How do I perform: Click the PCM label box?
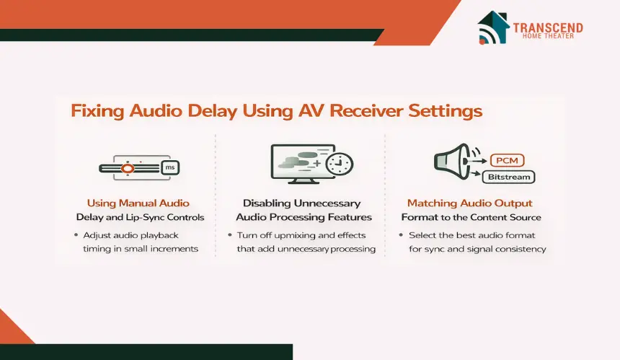coord(508,160)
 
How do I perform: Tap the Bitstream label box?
coord(509,177)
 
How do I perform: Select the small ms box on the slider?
coord(170,167)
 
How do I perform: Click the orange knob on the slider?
coord(128,169)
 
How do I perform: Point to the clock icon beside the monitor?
coord(340,164)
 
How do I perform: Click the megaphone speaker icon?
coord(452,161)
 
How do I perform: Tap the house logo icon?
coord(493,27)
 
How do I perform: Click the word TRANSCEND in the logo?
coord(548,27)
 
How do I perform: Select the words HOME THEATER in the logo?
coord(548,36)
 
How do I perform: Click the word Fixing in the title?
coord(97,111)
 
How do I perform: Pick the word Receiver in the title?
coord(366,110)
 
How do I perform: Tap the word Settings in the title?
coord(446,111)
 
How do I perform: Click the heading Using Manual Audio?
coord(138,203)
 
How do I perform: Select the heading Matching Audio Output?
coord(470,203)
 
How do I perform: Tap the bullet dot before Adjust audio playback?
coord(76,235)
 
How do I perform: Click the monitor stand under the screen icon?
coord(304,181)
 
